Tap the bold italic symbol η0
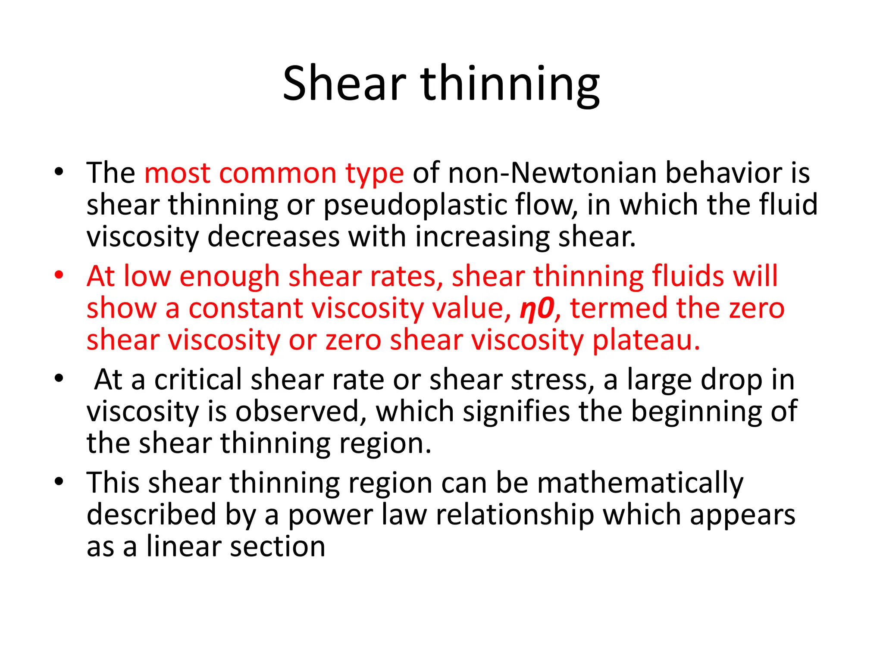(x=536, y=308)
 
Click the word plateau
(x=646, y=340)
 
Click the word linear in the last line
(x=183, y=546)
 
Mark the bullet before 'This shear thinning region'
(x=59, y=481)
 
